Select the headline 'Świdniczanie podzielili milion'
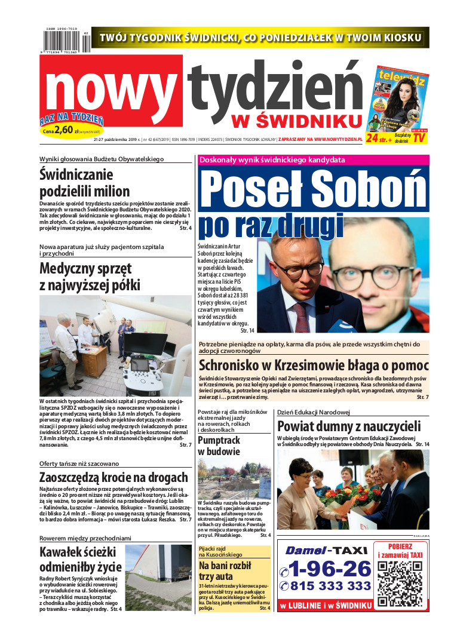pos(84,183)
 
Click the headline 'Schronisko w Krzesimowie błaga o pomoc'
pos(314,365)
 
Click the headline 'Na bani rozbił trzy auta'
pos(225,571)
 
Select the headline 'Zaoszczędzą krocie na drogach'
pos(113,478)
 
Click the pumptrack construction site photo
pos(234,479)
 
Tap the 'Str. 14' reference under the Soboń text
pos(247,330)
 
